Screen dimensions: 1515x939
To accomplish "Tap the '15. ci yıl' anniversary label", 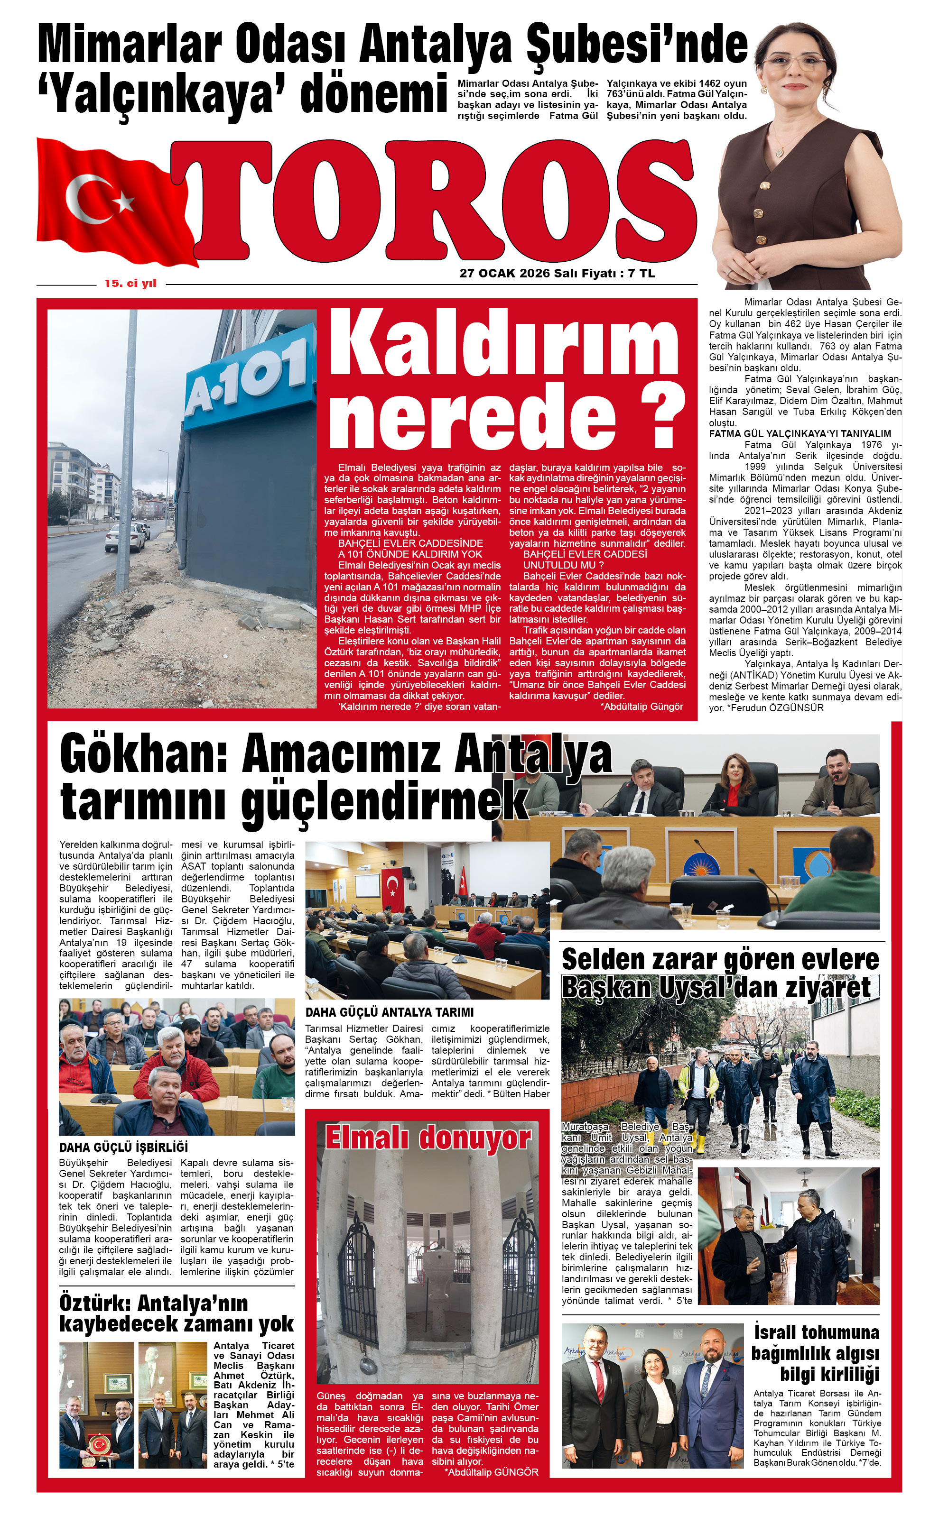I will tap(130, 284).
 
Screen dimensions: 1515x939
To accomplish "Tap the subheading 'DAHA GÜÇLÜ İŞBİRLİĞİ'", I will tap(123, 1147).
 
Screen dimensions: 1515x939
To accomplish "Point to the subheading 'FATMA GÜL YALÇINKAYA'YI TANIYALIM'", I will tap(800, 434).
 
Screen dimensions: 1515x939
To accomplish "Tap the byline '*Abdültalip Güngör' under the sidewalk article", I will tap(641, 707).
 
